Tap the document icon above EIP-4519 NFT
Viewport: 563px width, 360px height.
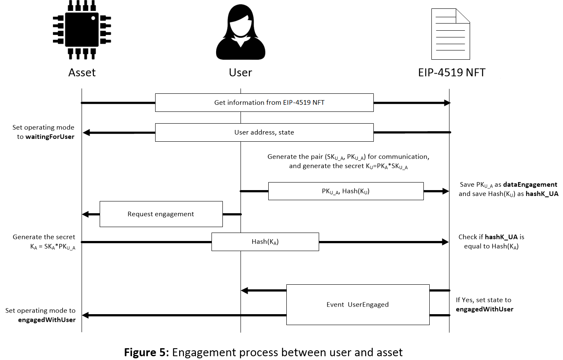pyautogui.click(x=450, y=34)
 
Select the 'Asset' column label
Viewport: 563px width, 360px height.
pyautogui.click(x=82, y=72)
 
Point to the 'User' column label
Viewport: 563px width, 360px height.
pyautogui.click(x=241, y=72)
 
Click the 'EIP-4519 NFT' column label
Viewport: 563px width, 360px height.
pyautogui.click(x=452, y=72)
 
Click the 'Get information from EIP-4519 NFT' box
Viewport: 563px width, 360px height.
pyautogui.click(x=264, y=103)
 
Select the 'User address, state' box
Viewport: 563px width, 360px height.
pyautogui.click(x=264, y=132)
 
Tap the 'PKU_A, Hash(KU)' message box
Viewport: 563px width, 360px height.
pyautogui.click(x=346, y=191)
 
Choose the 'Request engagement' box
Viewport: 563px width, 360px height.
pyautogui.click(x=161, y=214)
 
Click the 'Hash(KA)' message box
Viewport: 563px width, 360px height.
pyautogui.click(x=265, y=242)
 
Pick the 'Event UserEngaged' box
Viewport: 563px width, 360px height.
pyautogui.click(x=357, y=304)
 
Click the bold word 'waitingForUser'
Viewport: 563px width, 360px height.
pyautogui.click(x=50, y=136)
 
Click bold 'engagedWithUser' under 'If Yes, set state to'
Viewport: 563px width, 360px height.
pyautogui.click(x=484, y=309)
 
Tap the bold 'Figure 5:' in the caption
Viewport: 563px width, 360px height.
pyautogui.click(x=146, y=352)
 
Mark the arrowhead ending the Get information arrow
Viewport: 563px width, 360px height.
pyautogui.click(x=447, y=103)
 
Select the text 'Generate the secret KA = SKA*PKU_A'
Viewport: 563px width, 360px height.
pyautogui.click(x=44, y=242)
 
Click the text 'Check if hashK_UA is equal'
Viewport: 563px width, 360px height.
pyautogui.click(x=491, y=242)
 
